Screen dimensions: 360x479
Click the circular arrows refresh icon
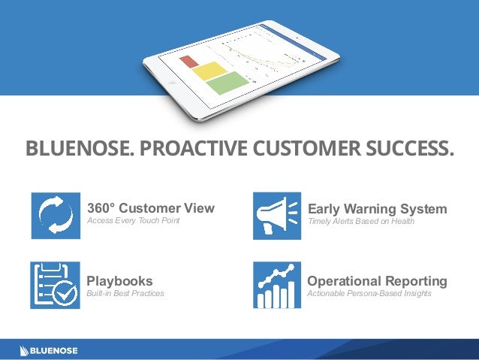click(56, 216)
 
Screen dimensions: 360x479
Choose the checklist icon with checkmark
click(56, 286)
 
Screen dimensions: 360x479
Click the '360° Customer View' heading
click(151, 208)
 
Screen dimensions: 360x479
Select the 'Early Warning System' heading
click(377, 208)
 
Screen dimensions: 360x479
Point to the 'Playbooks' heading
click(120, 281)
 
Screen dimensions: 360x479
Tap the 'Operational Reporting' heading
click(377, 281)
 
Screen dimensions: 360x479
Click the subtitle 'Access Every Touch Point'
click(134, 221)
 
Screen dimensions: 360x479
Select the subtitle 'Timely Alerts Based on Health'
click(360, 221)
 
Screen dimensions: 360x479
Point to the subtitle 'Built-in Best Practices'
click(125, 294)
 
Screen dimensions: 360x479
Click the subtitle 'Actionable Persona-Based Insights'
click(369, 294)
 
